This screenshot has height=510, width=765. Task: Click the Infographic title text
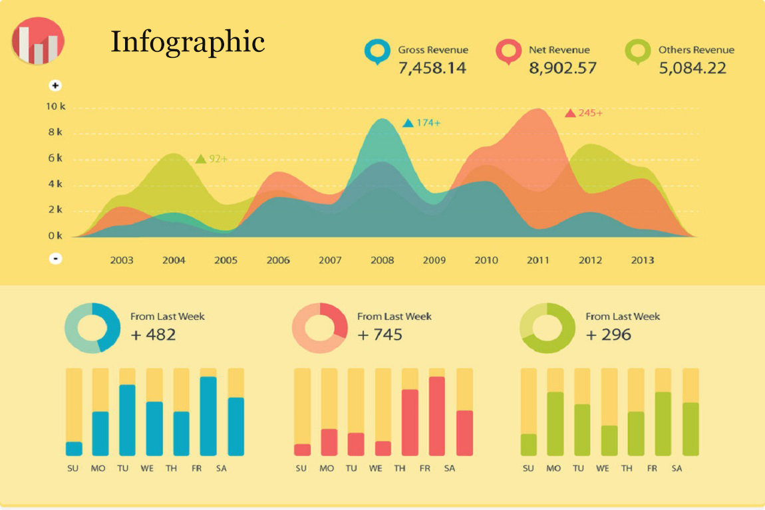tap(188, 41)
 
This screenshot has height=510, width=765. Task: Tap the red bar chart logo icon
tap(38, 41)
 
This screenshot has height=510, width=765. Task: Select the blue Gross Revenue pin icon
tap(377, 51)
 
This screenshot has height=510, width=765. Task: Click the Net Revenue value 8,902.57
tap(562, 68)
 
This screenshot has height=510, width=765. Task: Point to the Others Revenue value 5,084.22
tap(692, 68)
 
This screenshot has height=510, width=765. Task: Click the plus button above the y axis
tap(56, 86)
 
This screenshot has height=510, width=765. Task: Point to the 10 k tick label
tap(55, 106)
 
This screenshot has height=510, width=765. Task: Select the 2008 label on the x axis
tap(382, 260)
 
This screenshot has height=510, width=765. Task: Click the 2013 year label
tap(642, 260)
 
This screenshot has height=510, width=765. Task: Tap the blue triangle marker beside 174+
tap(408, 123)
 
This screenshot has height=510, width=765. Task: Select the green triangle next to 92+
tap(200, 159)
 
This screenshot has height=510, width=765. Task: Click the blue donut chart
tap(92, 328)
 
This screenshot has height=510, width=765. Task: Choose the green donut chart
tap(547, 328)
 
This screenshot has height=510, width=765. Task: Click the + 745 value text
tap(380, 334)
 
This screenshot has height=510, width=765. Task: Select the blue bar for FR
tap(208, 416)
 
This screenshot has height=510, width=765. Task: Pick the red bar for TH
tap(410, 422)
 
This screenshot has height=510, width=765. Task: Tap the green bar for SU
tap(528, 444)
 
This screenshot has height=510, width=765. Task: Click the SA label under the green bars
tap(677, 469)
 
